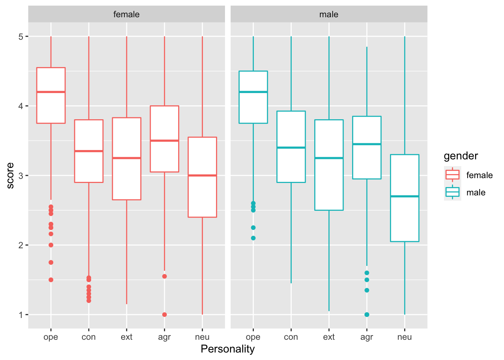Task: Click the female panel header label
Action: coord(126,14)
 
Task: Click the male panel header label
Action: coord(328,14)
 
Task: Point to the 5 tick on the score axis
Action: coord(21,36)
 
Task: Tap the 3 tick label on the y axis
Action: coord(21,175)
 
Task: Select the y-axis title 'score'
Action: coord(10,175)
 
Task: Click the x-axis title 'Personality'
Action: coord(228,349)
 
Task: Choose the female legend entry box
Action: coord(452,175)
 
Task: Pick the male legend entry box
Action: coord(452,192)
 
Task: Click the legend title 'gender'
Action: coord(460,156)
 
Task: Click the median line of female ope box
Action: coord(51,92)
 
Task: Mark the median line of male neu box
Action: coord(404,196)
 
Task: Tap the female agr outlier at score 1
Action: coord(164,315)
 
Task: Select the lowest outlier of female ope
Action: coord(51,280)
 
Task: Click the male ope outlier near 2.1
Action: coord(253,238)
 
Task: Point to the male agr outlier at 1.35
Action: coord(367,290)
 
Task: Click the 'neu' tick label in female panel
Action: coord(202,337)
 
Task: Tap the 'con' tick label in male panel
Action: coord(291,337)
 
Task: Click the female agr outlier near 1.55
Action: coord(164,276)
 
